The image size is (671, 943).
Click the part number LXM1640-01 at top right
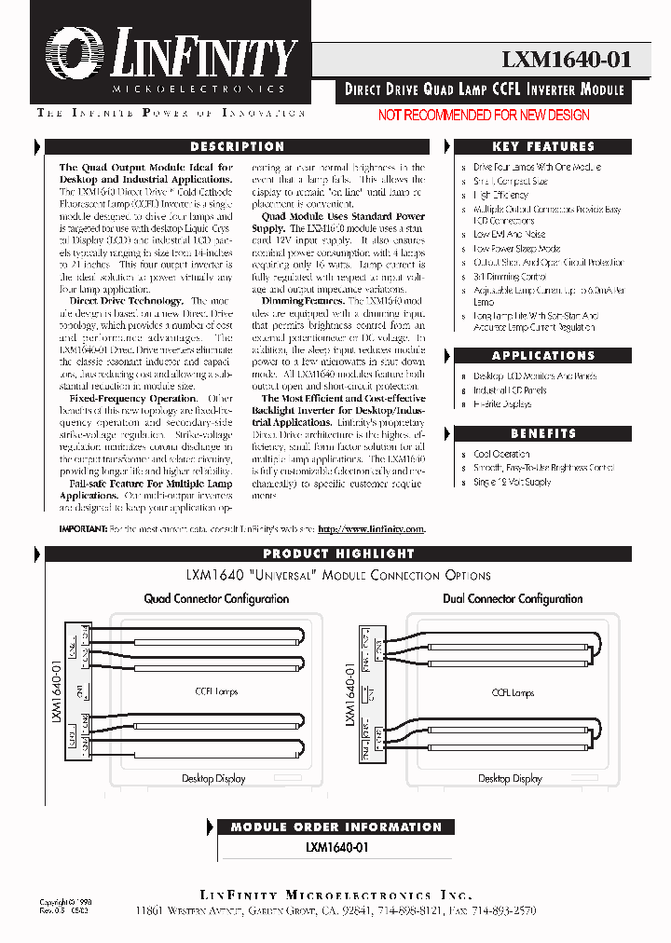pos(567,60)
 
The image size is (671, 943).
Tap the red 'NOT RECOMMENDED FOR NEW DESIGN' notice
pos(483,115)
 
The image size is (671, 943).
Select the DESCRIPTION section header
pos(238,146)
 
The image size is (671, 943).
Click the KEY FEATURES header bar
pos(542,146)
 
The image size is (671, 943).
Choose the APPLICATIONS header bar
pos(542,355)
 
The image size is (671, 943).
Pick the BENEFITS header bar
pos(542,433)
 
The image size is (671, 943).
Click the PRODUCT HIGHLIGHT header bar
pos(338,553)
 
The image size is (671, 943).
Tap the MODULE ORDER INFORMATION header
pos(335,827)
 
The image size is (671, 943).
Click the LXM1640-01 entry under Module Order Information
pos(336,848)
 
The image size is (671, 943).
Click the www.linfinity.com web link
pos(371,528)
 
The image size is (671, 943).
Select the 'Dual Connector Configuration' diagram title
pos(513,599)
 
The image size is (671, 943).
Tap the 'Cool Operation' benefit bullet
pos(501,454)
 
